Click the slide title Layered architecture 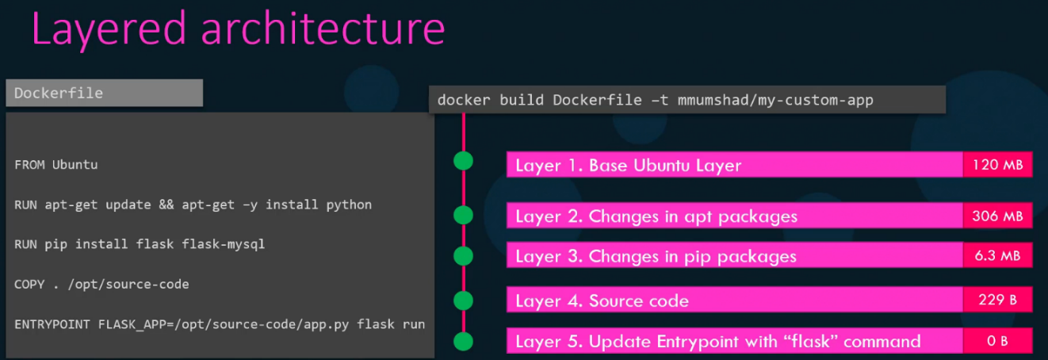click(238, 29)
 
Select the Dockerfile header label click(104, 93)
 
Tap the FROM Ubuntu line click(55, 165)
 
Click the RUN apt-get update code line click(193, 205)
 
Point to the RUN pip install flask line click(140, 244)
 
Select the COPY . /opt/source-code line click(101, 284)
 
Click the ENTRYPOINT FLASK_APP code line click(220, 324)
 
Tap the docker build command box click(687, 101)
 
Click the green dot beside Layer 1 click(463, 161)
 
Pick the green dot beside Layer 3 click(463, 256)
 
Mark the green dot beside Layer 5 click(463, 342)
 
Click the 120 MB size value click(997, 165)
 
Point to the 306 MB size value click(997, 216)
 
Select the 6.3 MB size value click(997, 255)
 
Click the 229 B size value click(997, 301)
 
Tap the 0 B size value click(997, 341)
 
